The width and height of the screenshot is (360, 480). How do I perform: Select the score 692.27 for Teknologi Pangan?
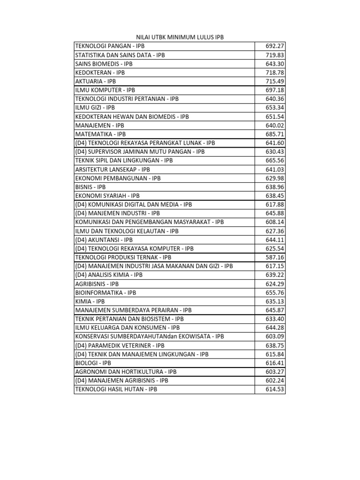pos(275,46)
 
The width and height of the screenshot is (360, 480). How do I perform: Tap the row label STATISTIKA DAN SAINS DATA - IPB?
pos(120,55)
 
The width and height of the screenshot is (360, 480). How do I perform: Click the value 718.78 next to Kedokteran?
pos(275,73)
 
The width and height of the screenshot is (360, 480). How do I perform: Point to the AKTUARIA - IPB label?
pos(95,81)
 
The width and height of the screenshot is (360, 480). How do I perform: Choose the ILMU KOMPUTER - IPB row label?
pos(105,90)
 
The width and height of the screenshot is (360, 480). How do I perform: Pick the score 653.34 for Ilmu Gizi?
pos(275,108)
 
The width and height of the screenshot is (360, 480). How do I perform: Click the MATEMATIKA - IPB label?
pos(100,134)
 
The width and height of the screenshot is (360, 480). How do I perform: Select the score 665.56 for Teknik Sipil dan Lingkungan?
pos(275,160)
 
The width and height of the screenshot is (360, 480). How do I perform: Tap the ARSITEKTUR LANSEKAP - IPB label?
pos(112,169)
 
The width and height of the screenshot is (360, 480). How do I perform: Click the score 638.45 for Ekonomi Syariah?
pos(275,195)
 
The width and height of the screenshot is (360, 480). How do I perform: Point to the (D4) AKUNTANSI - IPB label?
pos(104,240)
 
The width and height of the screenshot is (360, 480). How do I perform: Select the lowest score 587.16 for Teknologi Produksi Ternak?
pos(275,257)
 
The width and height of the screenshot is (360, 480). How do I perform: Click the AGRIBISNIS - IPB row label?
pos(97,284)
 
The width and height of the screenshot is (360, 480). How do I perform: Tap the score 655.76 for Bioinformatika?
pos(275,292)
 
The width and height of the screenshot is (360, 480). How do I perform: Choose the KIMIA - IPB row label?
pos(90,301)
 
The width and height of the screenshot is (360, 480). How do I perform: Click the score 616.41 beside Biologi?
pos(275,363)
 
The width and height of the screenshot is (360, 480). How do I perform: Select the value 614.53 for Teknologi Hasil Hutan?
pos(275,389)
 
